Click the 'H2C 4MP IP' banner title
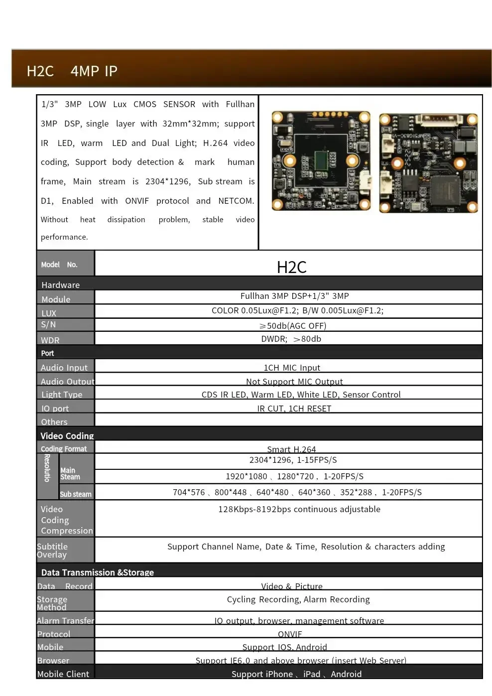tap(72, 71)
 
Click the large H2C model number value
tap(291, 267)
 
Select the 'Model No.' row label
tap(59, 265)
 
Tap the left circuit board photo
tap(321, 160)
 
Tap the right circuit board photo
tap(428, 163)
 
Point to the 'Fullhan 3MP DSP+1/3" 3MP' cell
tap(294, 296)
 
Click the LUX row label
tap(49, 313)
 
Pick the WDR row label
tap(50, 340)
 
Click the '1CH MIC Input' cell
tap(292, 368)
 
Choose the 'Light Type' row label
tap(62, 395)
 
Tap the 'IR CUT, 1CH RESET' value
tap(294, 409)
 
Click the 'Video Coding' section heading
tap(67, 435)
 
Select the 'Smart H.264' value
tap(291, 449)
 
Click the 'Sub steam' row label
tap(76, 494)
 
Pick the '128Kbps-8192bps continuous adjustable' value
tap(299, 509)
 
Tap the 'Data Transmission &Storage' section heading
tap(98, 572)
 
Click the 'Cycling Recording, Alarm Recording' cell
tap(298, 599)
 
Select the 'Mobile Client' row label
tap(63, 674)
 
